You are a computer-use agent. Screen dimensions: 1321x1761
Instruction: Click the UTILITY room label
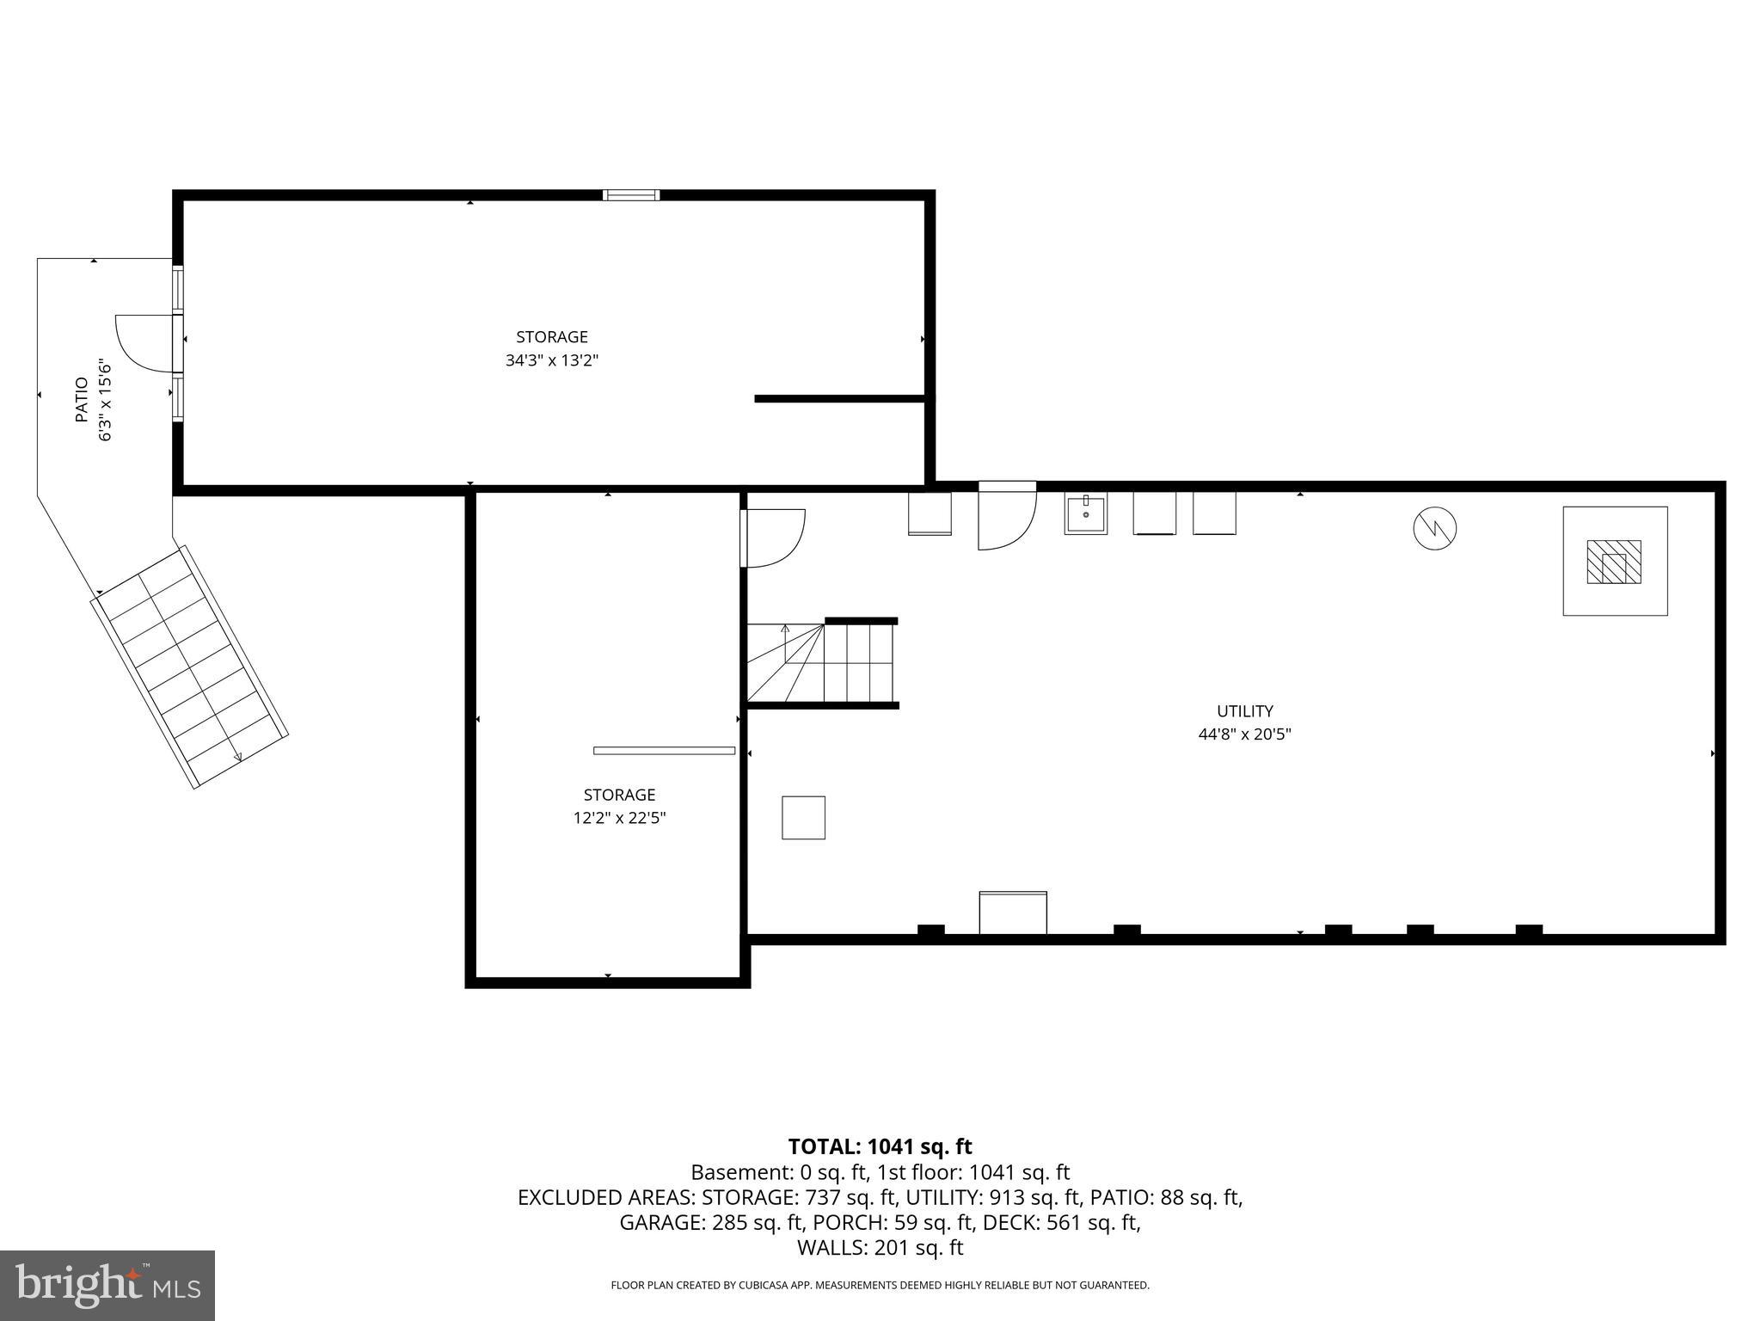pyautogui.click(x=1244, y=711)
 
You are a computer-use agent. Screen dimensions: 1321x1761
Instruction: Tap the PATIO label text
pyautogui.click(x=82, y=399)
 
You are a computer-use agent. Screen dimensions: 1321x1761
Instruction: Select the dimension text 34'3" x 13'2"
pyautogui.click(x=551, y=360)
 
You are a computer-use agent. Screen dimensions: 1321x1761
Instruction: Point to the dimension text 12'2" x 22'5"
pyautogui.click(x=619, y=818)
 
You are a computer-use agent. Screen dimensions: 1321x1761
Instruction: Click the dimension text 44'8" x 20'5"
pyautogui.click(x=1244, y=734)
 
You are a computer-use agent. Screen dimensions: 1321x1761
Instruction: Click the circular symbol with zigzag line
pyautogui.click(x=1434, y=527)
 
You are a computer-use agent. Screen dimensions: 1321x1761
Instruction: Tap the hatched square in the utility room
pyautogui.click(x=1613, y=562)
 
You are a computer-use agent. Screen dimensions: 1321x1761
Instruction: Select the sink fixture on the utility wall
pyautogui.click(x=1085, y=513)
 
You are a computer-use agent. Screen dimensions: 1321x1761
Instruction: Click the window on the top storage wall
pyautogui.click(x=631, y=195)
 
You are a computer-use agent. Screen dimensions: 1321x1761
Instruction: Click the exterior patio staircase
pyautogui.click(x=190, y=667)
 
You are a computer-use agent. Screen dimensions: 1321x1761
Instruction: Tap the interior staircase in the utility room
pyautogui.click(x=821, y=663)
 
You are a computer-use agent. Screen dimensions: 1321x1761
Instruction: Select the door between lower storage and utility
pyautogui.click(x=771, y=538)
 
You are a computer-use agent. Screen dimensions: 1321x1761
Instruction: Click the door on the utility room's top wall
pyautogui.click(x=1007, y=516)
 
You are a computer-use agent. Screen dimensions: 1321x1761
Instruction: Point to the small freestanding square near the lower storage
pyautogui.click(x=803, y=817)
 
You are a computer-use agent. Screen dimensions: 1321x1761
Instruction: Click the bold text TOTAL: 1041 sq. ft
pyautogui.click(x=880, y=1146)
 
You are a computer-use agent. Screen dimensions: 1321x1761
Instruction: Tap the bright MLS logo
pyautogui.click(x=107, y=1285)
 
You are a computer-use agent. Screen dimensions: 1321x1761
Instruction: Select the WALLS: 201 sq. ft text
pyautogui.click(x=880, y=1248)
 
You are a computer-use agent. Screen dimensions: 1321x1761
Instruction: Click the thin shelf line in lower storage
pyautogui.click(x=664, y=751)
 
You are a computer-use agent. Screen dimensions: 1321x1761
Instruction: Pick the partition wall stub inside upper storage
pyautogui.click(x=839, y=398)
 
